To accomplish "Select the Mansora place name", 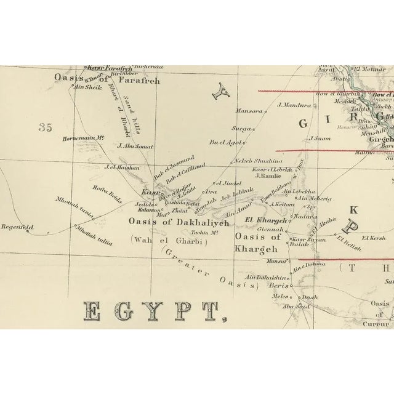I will (248, 112).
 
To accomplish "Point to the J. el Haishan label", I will (123, 167).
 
